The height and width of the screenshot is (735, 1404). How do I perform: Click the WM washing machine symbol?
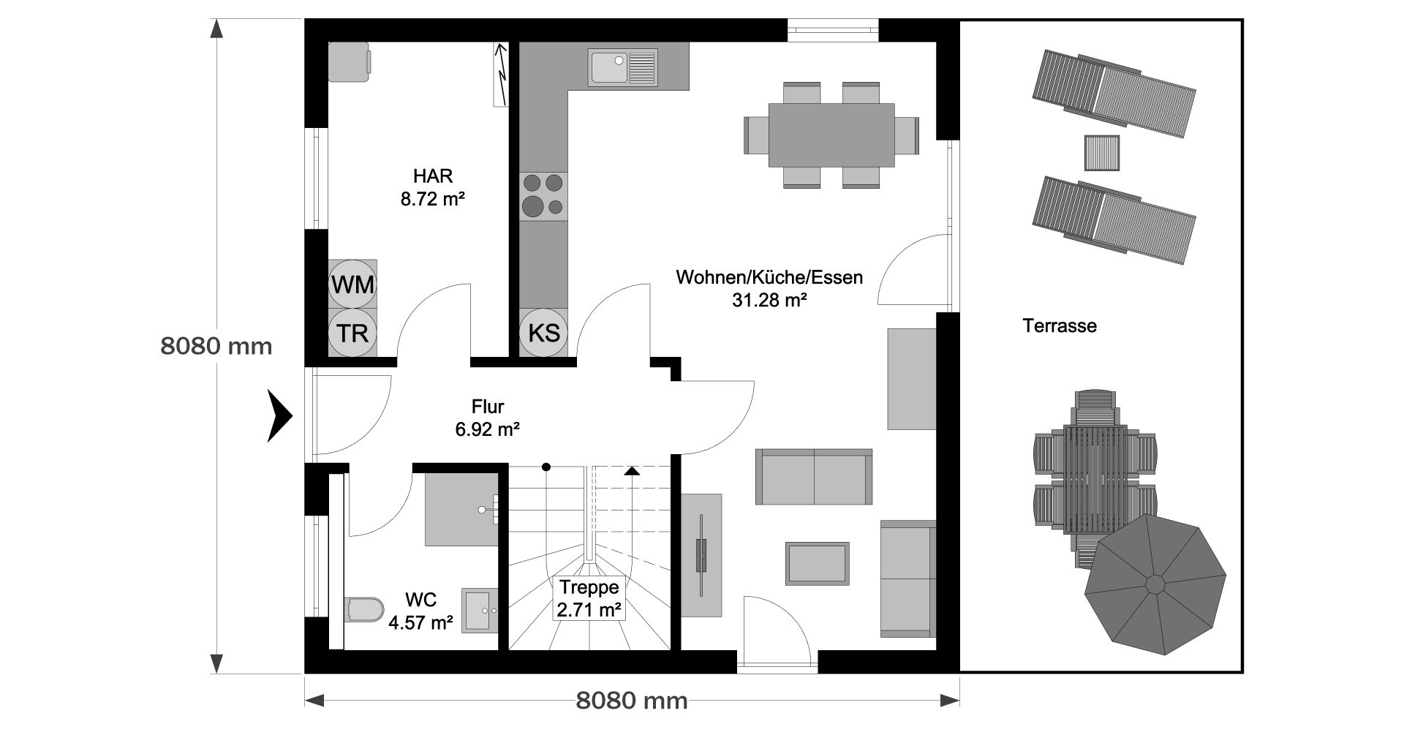[x=352, y=284]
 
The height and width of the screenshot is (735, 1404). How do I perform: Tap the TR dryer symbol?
[x=352, y=333]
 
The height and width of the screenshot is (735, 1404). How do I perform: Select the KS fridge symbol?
[x=544, y=333]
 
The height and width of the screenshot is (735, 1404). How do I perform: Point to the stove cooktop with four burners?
[x=544, y=196]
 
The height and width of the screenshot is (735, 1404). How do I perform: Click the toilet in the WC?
[x=364, y=608]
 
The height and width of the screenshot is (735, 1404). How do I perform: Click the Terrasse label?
[x=1060, y=325]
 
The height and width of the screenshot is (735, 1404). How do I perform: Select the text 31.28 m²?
[x=769, y=299]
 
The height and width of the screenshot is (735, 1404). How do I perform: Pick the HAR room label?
[x=433, y=176]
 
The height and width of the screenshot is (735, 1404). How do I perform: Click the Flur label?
[x=488, y=407]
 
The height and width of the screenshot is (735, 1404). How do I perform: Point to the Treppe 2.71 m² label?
[x=589, y=598]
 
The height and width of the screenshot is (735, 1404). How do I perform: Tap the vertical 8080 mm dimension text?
[x=216, y=345]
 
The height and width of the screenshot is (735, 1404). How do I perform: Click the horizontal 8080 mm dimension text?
[x=632, y=701]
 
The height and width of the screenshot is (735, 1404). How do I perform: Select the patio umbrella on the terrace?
[x=1155, y=584]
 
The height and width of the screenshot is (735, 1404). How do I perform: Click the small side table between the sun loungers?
[x=1101, y=153]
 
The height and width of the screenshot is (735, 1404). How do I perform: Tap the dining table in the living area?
[x=831, y=135]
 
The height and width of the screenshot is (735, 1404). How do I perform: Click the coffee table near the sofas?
[x=818, y=563]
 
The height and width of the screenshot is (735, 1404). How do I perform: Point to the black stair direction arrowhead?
[x=632, y=470]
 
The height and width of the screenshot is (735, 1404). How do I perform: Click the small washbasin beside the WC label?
[x=480, y=609]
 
